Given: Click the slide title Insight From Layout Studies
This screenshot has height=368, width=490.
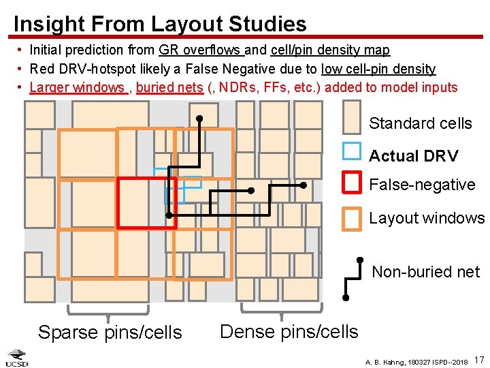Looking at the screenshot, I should coord(160,24).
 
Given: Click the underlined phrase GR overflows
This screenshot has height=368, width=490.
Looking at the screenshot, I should coord(201,50).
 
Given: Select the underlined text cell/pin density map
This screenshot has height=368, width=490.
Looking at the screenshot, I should coord(330,50).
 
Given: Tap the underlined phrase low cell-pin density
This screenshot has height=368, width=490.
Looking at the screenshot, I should coord(378,69).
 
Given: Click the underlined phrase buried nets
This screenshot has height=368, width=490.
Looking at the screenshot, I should coord(169,87).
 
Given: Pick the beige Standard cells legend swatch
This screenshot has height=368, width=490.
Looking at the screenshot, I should coord(351,117).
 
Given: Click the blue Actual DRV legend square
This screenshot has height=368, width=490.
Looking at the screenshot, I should coord(351,151).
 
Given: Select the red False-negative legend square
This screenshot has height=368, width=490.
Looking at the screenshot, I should coord(351,182).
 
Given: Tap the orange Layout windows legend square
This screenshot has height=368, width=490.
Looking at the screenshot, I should coord(351,219).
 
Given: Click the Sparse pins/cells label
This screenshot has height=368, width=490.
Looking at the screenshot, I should coord(110,333).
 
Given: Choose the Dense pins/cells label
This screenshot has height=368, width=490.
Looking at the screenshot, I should coord(289,332).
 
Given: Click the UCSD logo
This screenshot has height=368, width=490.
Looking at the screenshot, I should coord(17,358).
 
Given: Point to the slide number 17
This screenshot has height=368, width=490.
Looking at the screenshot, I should coord(478,359).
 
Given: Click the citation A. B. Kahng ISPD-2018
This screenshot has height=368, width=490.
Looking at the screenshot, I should coord(416,361).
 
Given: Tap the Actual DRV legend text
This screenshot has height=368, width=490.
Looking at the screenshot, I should coord(413,156).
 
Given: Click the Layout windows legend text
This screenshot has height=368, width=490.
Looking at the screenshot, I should coord(427,219).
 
